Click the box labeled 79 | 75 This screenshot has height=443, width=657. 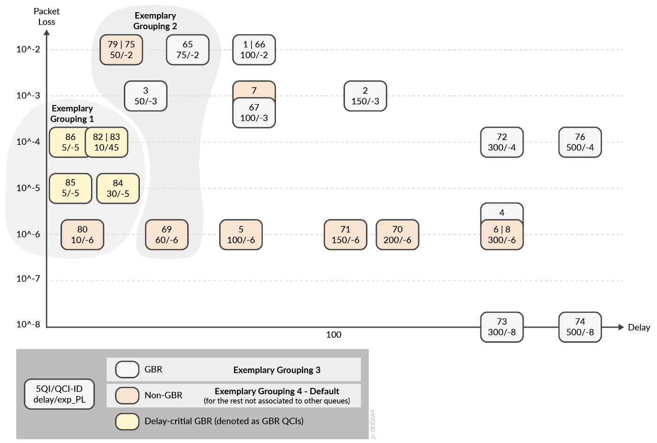[121, 50]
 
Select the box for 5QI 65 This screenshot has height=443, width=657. [188, 50]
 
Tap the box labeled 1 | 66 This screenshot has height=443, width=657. [254, 50]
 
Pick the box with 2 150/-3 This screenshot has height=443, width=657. [365, 96]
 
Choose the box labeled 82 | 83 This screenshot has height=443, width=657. [107, 143]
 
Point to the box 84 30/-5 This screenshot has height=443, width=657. [118, 188]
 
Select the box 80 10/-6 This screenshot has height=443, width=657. [82, 235]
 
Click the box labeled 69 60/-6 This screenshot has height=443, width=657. [167, 235]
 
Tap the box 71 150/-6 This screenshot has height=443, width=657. [345, 235]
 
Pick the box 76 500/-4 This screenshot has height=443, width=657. [580, 143]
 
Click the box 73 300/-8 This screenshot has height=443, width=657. [502, 327]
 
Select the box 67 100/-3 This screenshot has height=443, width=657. [254, 113]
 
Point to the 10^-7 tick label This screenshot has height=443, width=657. [28, 279]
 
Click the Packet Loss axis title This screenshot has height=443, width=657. [46, 16]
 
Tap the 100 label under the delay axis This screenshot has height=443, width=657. [334, 335]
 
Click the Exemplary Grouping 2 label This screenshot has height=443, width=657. [155, 21]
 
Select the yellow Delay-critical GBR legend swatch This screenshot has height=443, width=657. [127, 421]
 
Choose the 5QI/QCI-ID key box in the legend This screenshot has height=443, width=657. [59, 394]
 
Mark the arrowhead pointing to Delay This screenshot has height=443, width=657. [620, 327]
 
